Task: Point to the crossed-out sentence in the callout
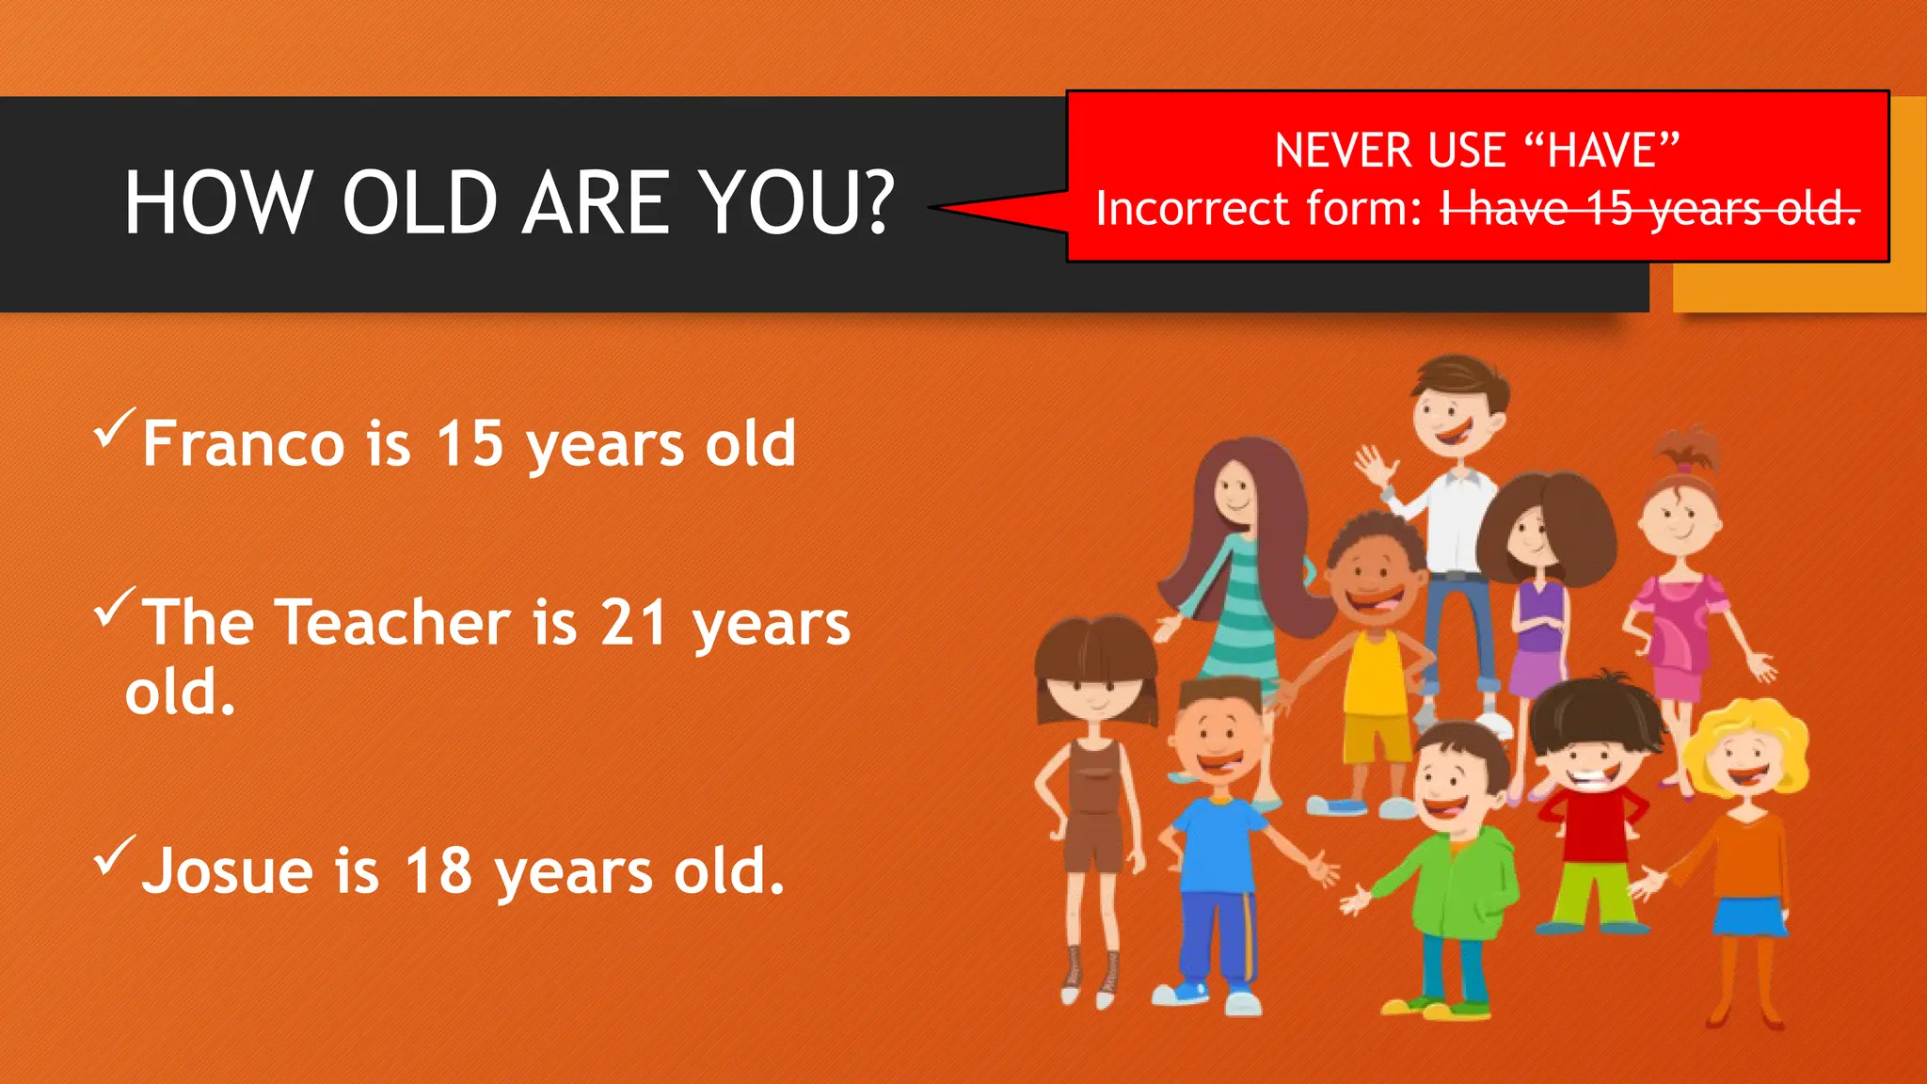click(1649, 209)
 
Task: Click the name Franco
click(244, 443)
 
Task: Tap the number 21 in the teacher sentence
click(634, 623)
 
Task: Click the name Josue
click(227, 871)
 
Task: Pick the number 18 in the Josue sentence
click(438, 871)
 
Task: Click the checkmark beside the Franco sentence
click(114, 429)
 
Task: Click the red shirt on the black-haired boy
click(1595, 823)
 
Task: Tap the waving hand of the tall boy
click(1373, 466)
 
